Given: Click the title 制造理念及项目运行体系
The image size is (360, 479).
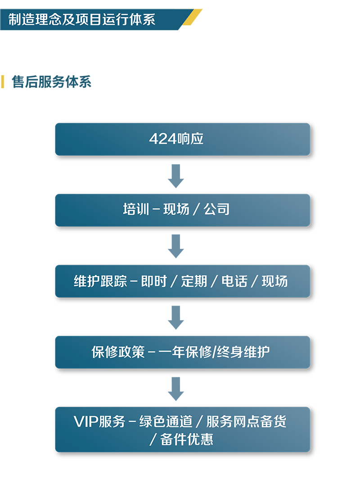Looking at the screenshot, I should point(82,20).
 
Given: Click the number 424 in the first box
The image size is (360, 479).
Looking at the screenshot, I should point(162,139).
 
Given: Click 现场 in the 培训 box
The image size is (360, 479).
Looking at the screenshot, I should point(176,209).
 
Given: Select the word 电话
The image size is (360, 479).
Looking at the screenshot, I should point(234,281).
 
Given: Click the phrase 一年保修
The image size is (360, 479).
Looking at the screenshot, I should point(184,352).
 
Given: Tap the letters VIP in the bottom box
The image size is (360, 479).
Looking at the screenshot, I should point(85,422).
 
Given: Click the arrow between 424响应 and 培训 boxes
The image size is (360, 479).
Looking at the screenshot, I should point(176,177).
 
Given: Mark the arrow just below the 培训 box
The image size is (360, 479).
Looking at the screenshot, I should point(176,248).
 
